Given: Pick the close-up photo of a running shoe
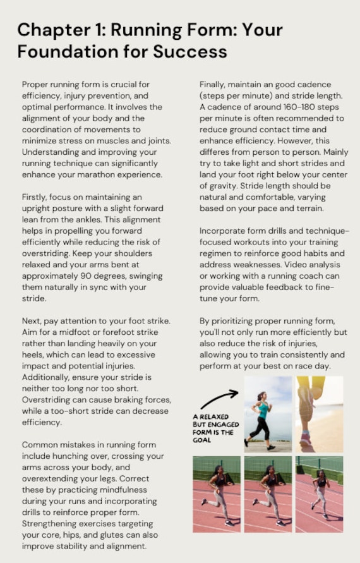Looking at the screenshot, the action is click(319, 413).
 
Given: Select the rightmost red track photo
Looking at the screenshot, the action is click(319, 493).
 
